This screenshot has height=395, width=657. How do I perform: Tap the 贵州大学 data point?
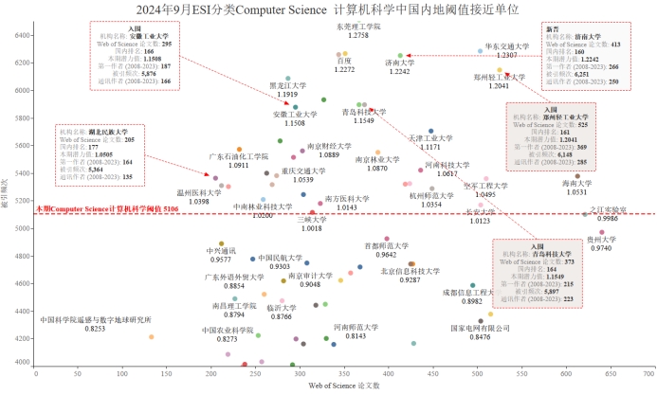[601, 232]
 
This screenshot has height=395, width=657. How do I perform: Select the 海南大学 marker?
[576, 175]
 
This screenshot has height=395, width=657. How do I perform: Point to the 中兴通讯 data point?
[221, 243]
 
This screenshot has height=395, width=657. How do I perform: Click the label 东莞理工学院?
[358, 27]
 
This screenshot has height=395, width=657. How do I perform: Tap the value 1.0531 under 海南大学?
[576, 192]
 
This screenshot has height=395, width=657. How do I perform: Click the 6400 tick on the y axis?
[23, 35]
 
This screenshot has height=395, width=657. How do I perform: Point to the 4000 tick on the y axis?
[23, 362]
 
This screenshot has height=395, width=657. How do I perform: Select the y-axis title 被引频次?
[8, 199]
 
